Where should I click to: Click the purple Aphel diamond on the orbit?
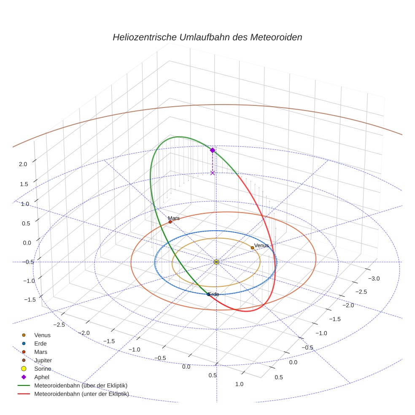coord(213,150)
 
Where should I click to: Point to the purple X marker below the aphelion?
coord(213,173)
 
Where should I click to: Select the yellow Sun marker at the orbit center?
coord(216,262)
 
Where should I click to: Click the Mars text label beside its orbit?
coord(174,218)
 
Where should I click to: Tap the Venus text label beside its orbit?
coord(261,245)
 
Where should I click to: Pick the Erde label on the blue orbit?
coord(214,294)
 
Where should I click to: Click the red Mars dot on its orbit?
coord(170,222)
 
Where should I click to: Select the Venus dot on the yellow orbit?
coord(252,248)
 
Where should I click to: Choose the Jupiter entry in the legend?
coord(43,360)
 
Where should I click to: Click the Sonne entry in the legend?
coord(43,369)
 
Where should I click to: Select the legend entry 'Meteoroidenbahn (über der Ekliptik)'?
coord(81,385)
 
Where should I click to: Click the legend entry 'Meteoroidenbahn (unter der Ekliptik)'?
coord(81,394)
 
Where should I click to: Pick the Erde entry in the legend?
coord(40,343)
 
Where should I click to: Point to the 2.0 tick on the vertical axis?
coord(23,164)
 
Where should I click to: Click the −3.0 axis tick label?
coord(374,278)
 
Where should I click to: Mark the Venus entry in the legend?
coord(42,335)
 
